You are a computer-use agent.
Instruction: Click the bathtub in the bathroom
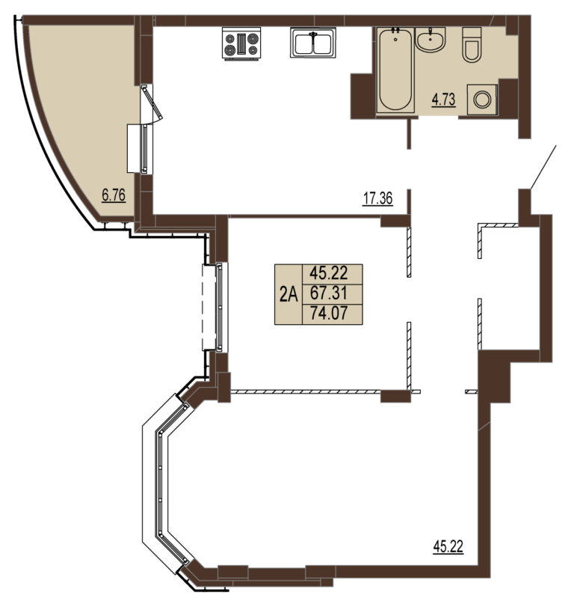(395, 70)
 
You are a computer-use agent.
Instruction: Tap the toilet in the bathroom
(472, 44)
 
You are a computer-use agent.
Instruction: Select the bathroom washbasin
(430, 39)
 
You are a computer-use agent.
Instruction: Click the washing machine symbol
(482, 100)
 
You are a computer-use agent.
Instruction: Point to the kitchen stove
(241, 43)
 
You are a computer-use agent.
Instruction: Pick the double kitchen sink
(313, 42)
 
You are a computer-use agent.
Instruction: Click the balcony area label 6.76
(114, 195)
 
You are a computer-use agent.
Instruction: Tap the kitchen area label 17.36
(377, 198)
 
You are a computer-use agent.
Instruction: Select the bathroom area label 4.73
(444, 100)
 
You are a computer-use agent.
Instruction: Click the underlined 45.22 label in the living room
(448, 546)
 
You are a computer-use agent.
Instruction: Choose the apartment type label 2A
(288, 295)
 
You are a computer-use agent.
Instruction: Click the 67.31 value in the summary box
(329, 293)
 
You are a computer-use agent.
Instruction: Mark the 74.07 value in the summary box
(329, 313)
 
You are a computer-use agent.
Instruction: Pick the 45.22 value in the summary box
(329, 273)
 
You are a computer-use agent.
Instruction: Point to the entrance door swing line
(543, 167)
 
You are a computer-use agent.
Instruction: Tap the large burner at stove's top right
(253, 38)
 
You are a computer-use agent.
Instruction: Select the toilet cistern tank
(472, 32)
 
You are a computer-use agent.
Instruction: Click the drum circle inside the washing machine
(482, 100)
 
